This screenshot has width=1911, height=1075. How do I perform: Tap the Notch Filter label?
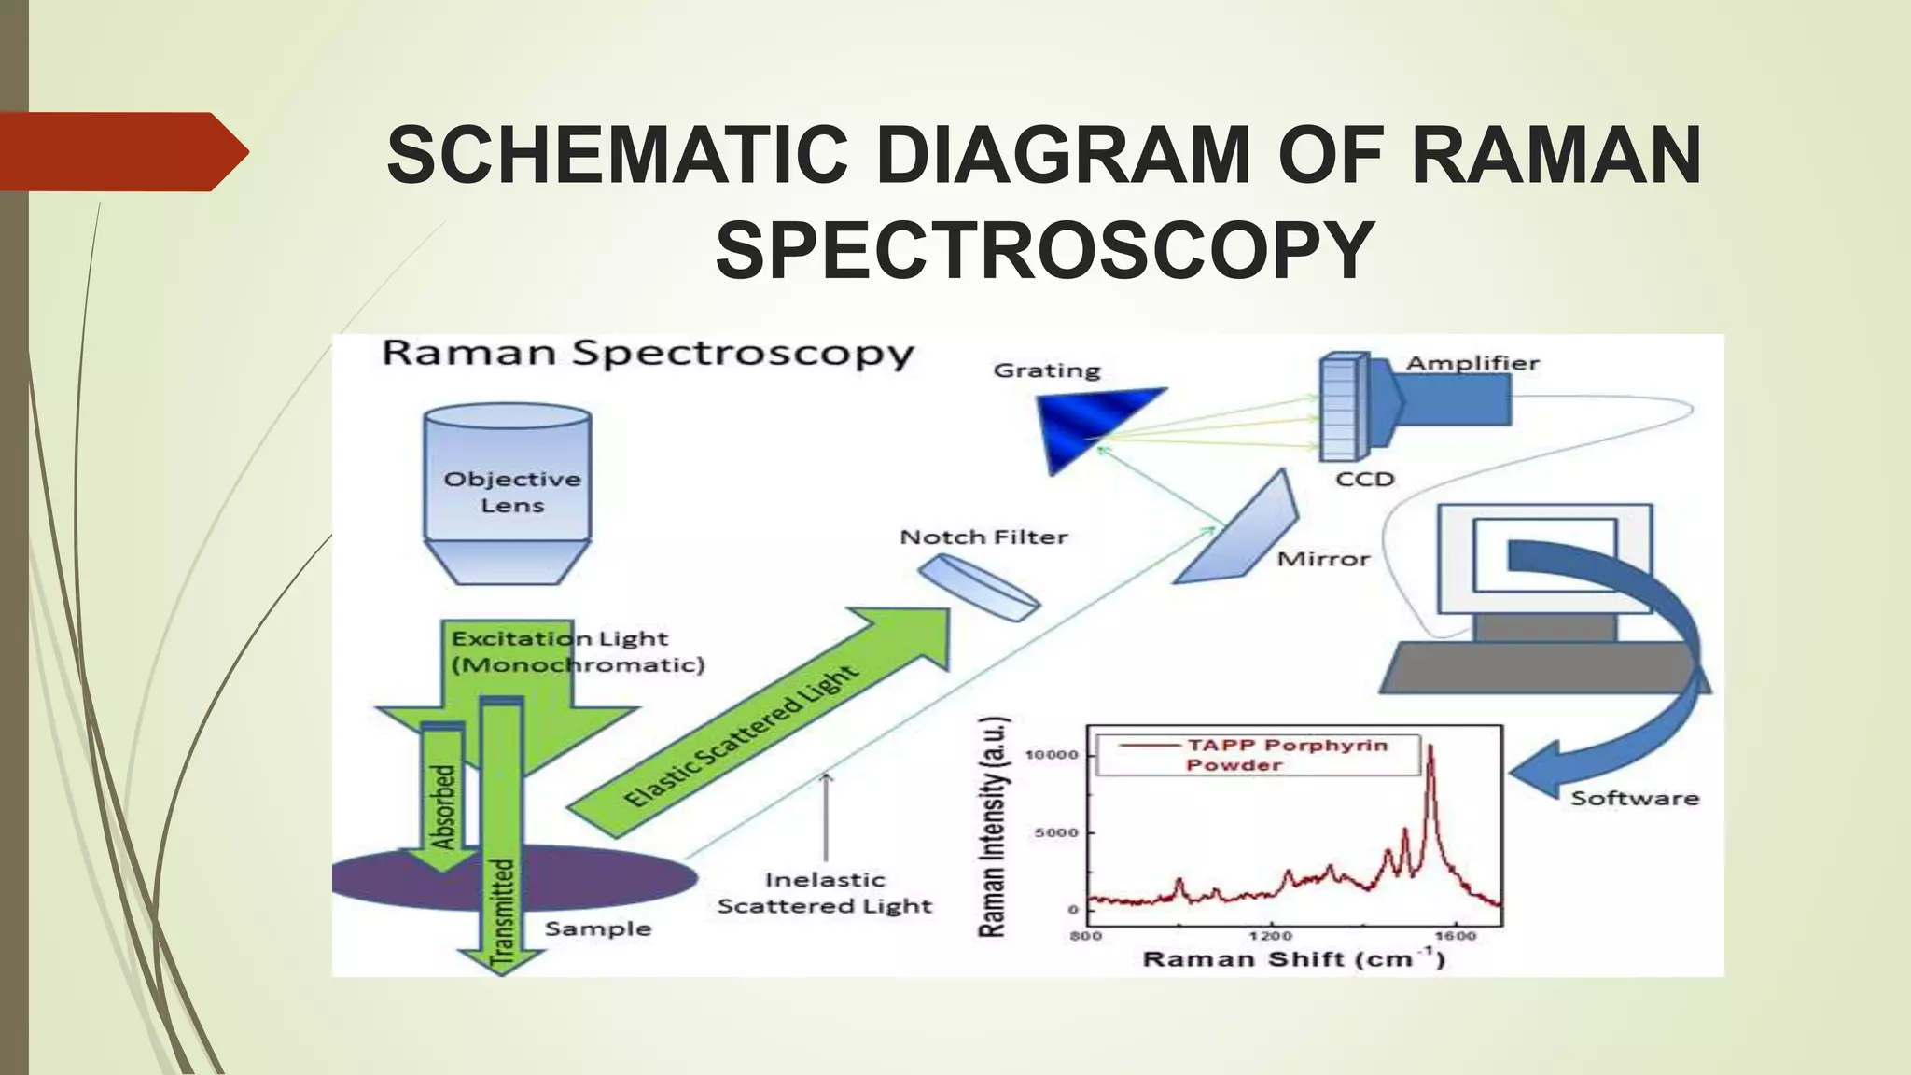pos(983,537)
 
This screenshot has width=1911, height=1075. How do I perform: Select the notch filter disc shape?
pos(978,587)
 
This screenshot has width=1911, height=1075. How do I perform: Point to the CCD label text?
pos(1364,480)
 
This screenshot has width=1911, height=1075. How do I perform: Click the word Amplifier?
pos(1472,363)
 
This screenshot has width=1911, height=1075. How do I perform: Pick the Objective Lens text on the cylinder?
pos(511,492)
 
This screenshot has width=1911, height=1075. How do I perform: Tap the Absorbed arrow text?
pos(443,807)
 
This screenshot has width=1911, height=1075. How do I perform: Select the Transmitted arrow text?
pos(502,910)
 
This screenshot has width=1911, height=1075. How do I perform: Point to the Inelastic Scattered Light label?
pos(825,893)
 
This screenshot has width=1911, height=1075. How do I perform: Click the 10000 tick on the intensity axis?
pos(1052,754)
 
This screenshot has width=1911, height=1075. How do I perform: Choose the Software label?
pos(1634,798)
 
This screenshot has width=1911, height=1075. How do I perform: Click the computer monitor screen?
pos(1544,556)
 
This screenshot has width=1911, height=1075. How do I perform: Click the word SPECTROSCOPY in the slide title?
pos(1044,250)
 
